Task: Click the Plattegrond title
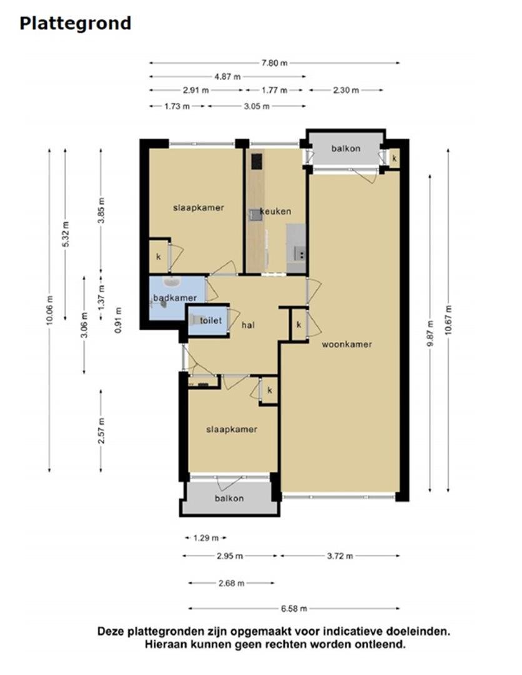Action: coord(75,23)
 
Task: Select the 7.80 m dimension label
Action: coord(275,62)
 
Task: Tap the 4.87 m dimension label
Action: coord(227,76)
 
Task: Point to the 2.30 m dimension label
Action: coord(346,90)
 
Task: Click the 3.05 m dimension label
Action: coord(257,106)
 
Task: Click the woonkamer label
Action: coord(347,344)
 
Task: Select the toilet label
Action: coord(211,321)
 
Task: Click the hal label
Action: coord(249,325)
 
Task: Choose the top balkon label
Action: coord(345,148)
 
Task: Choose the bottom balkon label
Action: coord(229,498)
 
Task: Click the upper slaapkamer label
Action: coord(198,207)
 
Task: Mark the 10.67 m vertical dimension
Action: coord(448,319)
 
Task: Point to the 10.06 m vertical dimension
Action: coord(50,309)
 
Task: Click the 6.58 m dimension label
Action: coord(293,608)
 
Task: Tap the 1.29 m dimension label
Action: coord(206,537)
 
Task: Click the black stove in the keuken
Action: coord(256,162)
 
